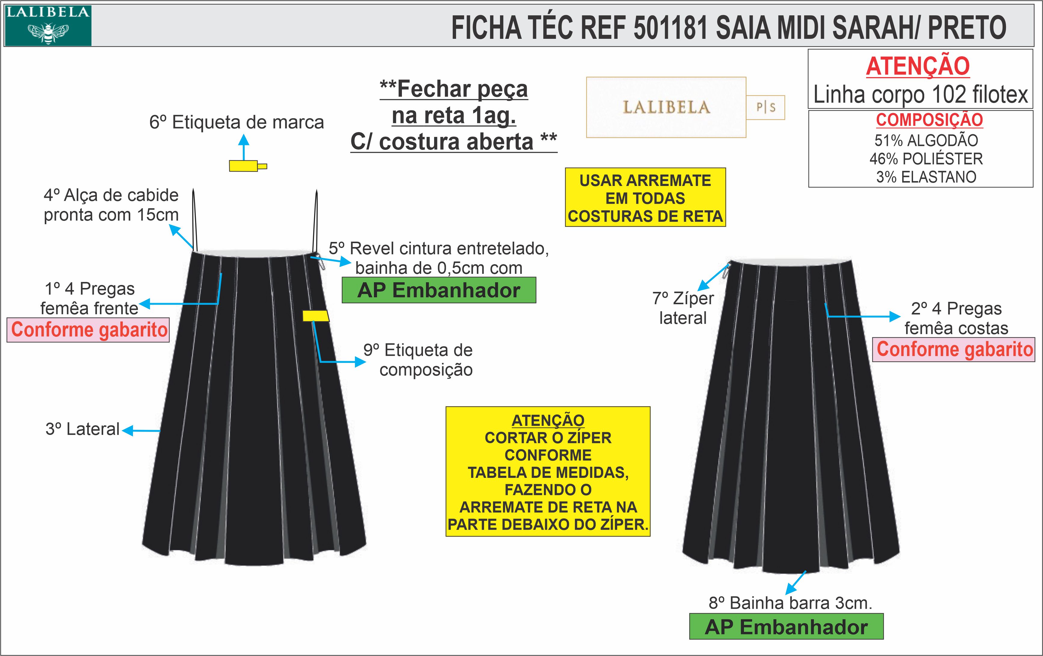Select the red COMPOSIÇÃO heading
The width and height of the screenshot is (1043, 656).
(x=929, y=120)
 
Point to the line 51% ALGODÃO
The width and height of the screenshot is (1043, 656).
(x=926, y=141)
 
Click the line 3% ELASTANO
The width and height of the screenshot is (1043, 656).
(x=926, y=177)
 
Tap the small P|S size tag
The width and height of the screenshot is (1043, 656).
(x=765, y=107)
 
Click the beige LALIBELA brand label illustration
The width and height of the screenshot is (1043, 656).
(x=666, y=107)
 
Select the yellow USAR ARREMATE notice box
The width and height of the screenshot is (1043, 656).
(x=645, y=198)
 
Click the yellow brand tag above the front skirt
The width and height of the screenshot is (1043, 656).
(x=244, y=166)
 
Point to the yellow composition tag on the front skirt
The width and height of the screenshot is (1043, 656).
(x=315, y=316)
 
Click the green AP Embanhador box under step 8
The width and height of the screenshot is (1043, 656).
(x=786, y=627)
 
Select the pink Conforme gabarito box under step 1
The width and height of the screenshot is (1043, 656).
(x=88, y=330)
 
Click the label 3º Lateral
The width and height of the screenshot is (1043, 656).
(x=82, y=429)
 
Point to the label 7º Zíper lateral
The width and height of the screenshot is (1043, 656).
(x=683, y=308)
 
